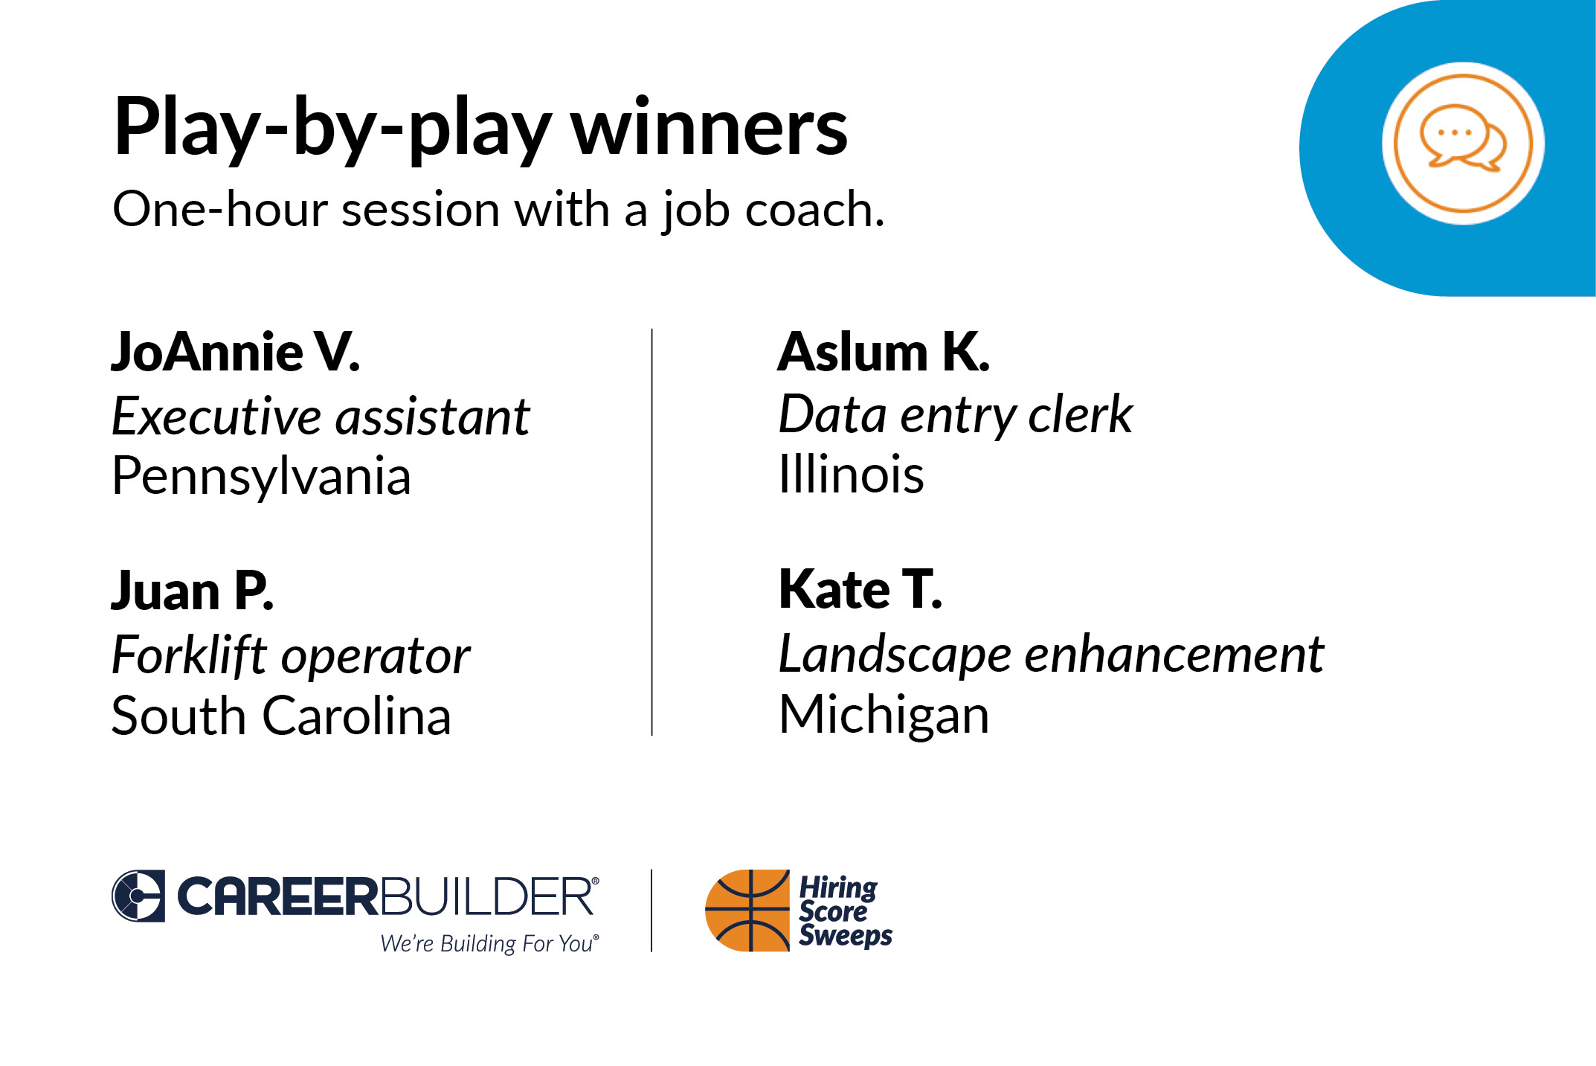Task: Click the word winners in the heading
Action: tap(709, 128)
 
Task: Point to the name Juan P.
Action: tap(193, 591)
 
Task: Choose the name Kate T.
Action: tap(860, 589)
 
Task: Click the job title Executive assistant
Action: tap(321, 416)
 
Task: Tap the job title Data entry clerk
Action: tap(956, 415)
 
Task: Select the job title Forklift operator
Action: tap(291, 656)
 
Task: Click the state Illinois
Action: tap(852, 474)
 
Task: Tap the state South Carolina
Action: tap(281, 716)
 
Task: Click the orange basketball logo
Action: tap(747, 911)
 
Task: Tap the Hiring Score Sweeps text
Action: tap(846, 911)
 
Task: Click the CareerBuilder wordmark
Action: tap(387, 896)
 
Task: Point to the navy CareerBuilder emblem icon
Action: tap(138, 896)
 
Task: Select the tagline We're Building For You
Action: tap(489, 943)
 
